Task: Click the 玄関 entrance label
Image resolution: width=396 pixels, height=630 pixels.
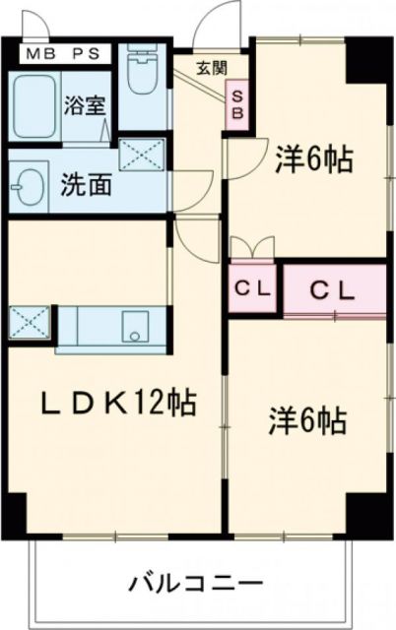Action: pyautogui.click(x=209, y=67)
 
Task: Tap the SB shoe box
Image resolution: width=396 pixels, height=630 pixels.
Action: pyautogui.click(x=237, y=101)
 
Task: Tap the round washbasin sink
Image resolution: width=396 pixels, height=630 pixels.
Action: pyautogui.click(x=28, y=184)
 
